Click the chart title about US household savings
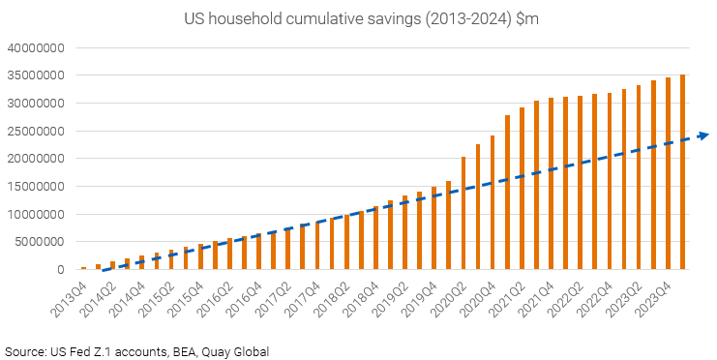click(358, 18)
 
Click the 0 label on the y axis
click(60, 270)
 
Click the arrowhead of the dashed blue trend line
click(703, 135)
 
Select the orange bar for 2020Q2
click(463, 213)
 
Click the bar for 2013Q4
click(84, 268)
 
